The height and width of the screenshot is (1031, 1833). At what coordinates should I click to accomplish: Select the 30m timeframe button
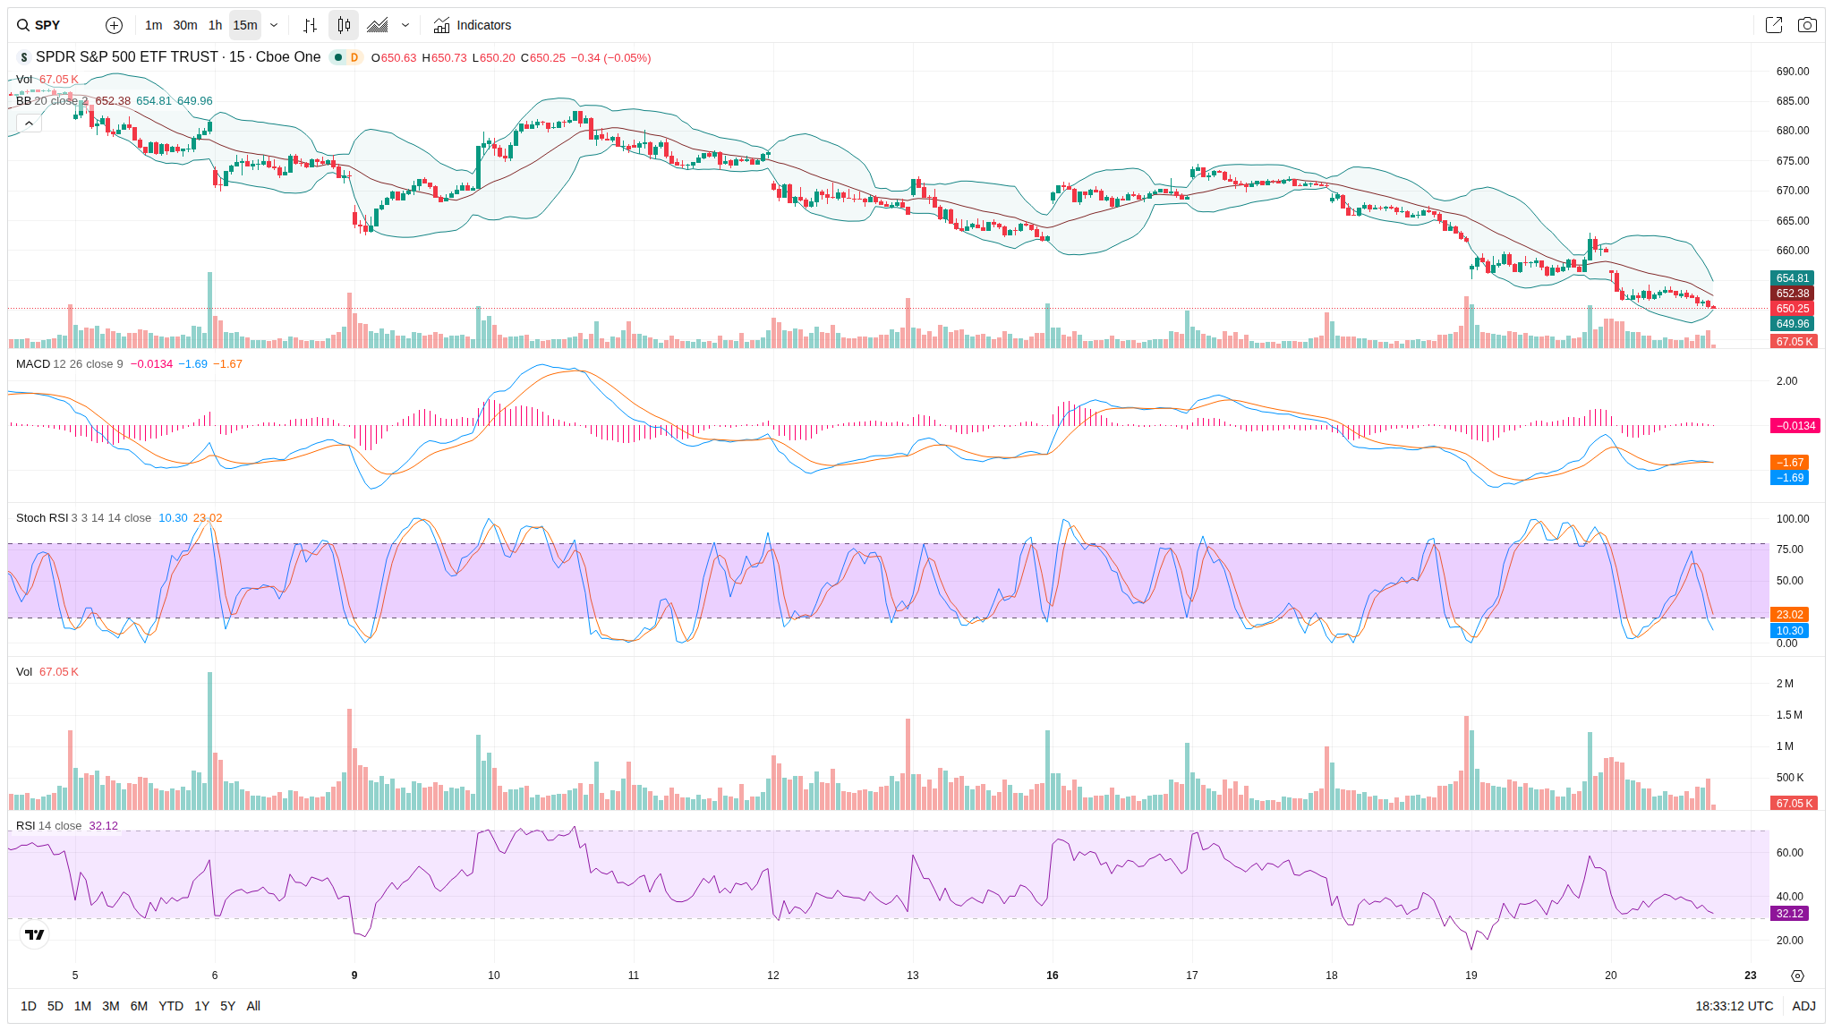pos(185,25)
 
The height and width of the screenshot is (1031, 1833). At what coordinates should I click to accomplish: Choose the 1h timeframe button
pos(215,25)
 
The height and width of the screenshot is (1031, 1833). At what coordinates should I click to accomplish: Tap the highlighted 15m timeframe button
pos(245,25)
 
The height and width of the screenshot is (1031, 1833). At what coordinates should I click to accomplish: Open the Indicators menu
pos(473,25)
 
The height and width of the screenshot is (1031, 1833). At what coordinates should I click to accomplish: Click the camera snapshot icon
pos(1807,25)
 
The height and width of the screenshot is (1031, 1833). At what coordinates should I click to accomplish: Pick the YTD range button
pos(171,1006)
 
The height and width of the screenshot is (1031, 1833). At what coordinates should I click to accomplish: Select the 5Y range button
pos(227,1006)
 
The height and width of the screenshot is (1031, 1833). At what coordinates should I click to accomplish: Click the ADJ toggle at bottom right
pos(1803,1006)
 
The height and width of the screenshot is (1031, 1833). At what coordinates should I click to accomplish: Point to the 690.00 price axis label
pos(1792,72)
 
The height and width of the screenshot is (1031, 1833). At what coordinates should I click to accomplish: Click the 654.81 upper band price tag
pos(1792,278)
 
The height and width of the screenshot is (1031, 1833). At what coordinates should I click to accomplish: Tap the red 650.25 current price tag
pos(1792,309)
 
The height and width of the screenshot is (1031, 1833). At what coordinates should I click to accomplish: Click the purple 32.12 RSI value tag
pos(1789,914)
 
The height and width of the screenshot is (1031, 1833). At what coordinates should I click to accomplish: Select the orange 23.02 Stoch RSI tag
pos(1789,615)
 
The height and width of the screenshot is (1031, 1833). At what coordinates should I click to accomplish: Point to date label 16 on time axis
pos(1053,976)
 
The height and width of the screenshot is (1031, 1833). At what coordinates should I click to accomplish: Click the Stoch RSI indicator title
pos(42,518)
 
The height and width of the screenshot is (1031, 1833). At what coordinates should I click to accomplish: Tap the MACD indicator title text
pos(33,364)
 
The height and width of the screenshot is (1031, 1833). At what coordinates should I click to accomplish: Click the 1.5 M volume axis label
pos(1789,715)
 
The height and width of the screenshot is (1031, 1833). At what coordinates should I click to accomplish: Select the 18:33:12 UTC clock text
pos(1734,1006)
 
